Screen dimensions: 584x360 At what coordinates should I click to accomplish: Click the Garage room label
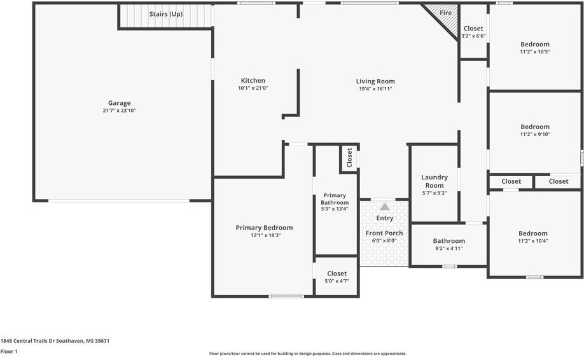click(119, 103)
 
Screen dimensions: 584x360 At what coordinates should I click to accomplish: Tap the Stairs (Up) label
click(166, 14)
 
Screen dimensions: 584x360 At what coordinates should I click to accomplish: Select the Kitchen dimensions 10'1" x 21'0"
click(253, 88)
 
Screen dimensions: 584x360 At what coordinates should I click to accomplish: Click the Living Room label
click(375, 81)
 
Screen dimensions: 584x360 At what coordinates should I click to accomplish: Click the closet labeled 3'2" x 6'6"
click(473, 32)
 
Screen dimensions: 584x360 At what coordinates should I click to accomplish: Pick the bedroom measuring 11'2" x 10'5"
click(535, 48)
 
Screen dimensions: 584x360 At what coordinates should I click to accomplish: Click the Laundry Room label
click(435, 181)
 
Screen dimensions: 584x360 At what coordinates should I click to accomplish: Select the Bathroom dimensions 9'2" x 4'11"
click(448, 248)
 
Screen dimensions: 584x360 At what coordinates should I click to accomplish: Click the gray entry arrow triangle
click(385, 207)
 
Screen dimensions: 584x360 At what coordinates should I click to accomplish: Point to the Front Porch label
click(384, 233)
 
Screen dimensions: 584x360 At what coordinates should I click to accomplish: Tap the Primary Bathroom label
click(335, 199)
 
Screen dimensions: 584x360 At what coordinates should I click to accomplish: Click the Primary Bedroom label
click(264, 228)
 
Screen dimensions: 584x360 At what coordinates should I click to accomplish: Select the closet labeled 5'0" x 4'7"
click(337, 277)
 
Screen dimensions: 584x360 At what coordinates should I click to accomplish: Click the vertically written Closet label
click(349, 158)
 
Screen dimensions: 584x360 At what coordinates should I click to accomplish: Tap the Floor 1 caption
click(9, 352)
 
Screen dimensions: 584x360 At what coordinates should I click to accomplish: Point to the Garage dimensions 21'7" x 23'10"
click(119, 111)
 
